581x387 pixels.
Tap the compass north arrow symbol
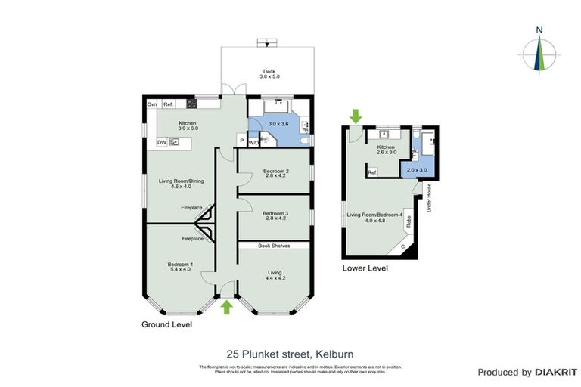pos(539,54)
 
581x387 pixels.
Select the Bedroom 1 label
pos(180,266)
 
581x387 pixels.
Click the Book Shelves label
pos(274,246)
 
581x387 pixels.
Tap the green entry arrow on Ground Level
pos(225,306)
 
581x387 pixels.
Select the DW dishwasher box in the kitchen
pos(161,142)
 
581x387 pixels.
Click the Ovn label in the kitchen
pos(151,104)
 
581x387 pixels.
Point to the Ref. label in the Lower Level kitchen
pos(372,173)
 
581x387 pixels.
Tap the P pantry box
pos(241,141)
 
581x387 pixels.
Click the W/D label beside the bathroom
pos(254,142)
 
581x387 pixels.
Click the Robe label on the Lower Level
pos(409,222)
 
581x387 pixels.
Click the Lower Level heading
pos(365,268)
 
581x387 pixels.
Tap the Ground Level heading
pos(166,324)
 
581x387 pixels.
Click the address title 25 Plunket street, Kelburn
pos(290,353)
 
